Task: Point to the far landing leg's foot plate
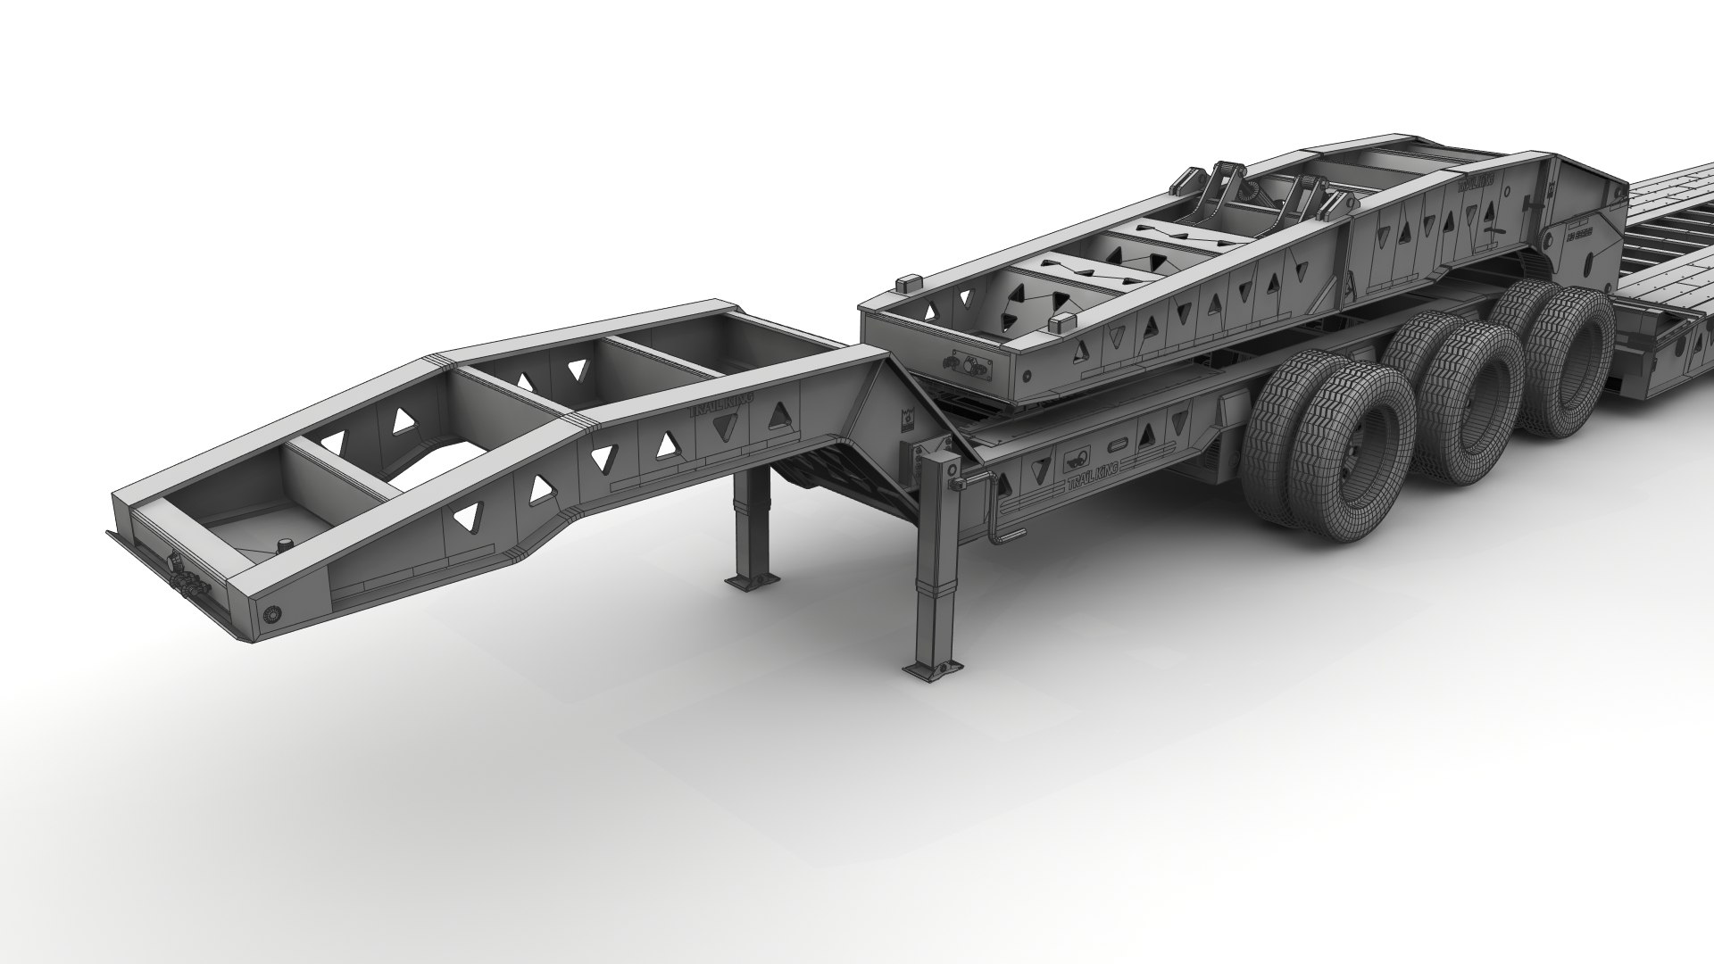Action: click(749, 581)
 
